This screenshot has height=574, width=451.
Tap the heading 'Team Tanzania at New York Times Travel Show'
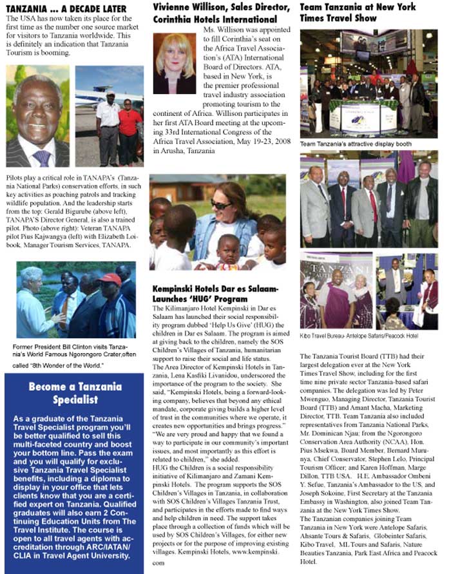click(358, 13)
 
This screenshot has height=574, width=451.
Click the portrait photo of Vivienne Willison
click(174, 64)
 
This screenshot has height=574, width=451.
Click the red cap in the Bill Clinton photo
click(111, 279)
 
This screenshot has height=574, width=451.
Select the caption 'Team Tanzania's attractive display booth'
click(356, 144)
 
